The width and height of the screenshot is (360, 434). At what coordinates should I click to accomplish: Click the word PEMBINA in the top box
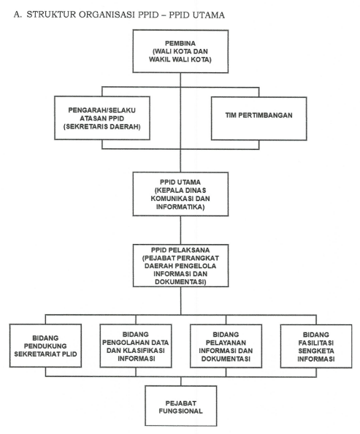coord(180,43)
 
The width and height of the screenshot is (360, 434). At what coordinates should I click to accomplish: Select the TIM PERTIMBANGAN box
coord(258,118)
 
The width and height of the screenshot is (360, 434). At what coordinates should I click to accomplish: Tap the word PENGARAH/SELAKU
coord(102,110)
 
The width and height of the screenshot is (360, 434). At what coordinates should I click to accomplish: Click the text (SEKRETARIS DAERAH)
coord(102,127)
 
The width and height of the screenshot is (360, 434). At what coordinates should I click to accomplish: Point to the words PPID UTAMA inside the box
coord(180,182)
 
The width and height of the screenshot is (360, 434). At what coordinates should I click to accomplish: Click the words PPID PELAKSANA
coord(180,250)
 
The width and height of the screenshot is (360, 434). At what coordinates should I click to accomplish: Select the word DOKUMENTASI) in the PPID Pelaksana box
coord(180,282)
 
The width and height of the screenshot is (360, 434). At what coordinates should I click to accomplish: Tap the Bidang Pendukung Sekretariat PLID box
coord(45,346)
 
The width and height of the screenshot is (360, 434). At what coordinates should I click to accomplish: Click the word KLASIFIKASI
coord(144,351)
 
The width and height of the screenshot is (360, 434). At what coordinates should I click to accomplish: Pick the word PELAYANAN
coord(226,343)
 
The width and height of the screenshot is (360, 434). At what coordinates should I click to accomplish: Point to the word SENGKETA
coord(316,351)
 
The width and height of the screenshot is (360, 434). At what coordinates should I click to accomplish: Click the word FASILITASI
coord(316,343)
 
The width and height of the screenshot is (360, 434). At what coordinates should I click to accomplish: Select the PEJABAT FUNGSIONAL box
coord(180,406)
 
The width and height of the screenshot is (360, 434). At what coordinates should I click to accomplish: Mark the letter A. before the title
coord(18,15)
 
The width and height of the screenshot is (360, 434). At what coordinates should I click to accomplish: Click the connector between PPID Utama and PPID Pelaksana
coord(180,230)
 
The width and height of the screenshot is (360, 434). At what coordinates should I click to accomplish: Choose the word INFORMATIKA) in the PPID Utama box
coord(180,207)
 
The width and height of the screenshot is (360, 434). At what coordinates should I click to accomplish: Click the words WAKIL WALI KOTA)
coord(180,59)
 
